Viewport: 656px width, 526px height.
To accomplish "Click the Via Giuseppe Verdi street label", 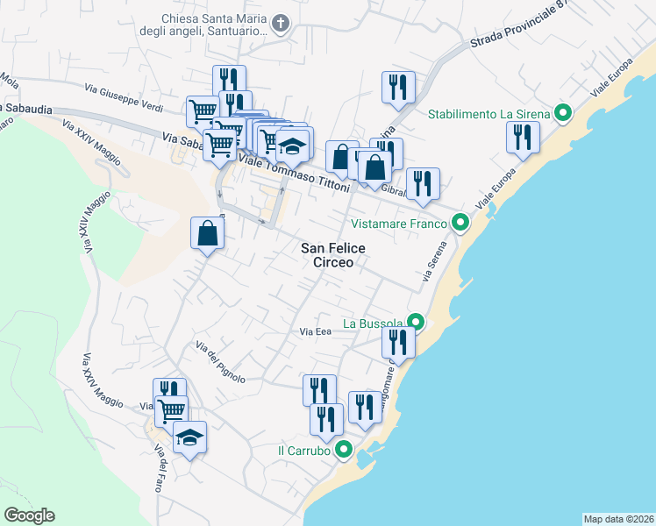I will tap(124, 96).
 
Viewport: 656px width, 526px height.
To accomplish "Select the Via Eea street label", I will tap(315, 332).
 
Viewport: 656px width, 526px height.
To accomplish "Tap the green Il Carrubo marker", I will tap(344, 451).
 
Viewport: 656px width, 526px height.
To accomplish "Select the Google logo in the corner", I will tap(29, 515).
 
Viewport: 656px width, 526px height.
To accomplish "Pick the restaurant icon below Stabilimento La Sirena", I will tap(524, 138).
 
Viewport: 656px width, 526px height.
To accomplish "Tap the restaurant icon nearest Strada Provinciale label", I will tap(398, 87).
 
